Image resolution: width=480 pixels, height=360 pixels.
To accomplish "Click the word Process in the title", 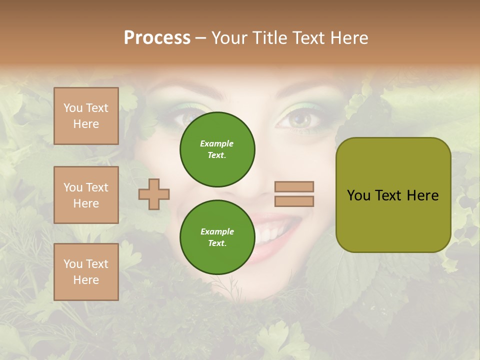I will coord(157,38).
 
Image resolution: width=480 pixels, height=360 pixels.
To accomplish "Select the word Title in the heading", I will coord(270,38).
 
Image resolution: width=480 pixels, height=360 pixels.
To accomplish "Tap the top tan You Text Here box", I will coord(86,116).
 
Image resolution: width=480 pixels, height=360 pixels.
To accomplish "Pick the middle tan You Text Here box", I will coord(86,195).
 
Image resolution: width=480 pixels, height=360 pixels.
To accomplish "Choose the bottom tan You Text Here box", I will coord(86,272).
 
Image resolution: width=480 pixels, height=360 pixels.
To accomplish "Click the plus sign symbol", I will coord(154,194).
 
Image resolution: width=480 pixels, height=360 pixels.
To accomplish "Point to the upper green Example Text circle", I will coord(217,149).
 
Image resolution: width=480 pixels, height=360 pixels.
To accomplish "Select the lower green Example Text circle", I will coord(217,237).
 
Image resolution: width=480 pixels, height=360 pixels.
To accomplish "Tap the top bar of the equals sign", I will coord(294,186).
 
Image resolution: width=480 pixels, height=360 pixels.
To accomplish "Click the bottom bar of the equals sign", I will coord(294,201).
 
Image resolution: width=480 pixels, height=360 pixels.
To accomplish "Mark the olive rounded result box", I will coord(393,194).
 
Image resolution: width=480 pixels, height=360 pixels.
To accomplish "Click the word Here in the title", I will coord(349,38).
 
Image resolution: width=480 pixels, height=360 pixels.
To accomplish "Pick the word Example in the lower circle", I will coord(217,231).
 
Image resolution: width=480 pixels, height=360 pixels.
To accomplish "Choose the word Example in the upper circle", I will coord(217,143).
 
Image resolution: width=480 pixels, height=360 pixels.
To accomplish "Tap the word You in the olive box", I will coord(358,195).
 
